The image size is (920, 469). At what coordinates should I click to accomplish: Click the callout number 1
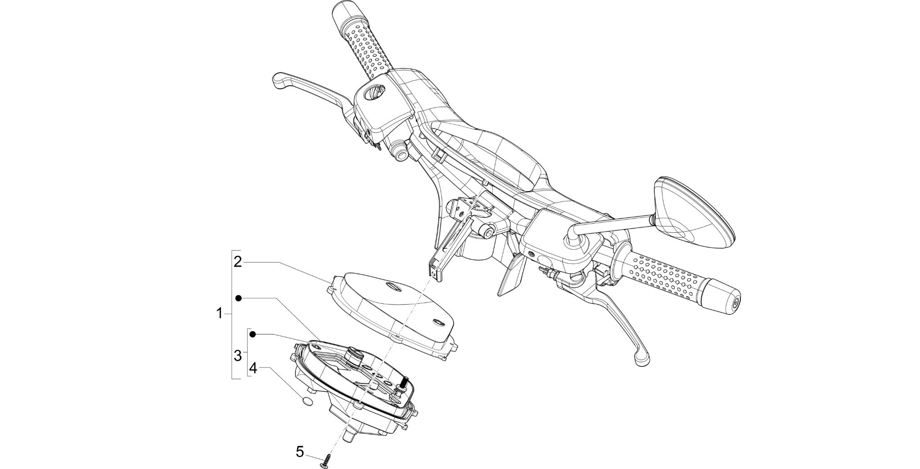coord(219,313)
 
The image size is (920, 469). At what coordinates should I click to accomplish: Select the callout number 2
coord(238,262)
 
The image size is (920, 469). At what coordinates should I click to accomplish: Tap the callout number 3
coord(238,356)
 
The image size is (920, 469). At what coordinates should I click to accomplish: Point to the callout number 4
coord(253,368)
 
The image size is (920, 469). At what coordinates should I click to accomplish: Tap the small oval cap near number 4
coord(307,401)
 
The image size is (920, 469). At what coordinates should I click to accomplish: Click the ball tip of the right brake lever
coord(641,356)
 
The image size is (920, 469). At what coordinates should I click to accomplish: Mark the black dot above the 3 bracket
coord(253,334)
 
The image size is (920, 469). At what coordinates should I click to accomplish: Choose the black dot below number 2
coord(238,298)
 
